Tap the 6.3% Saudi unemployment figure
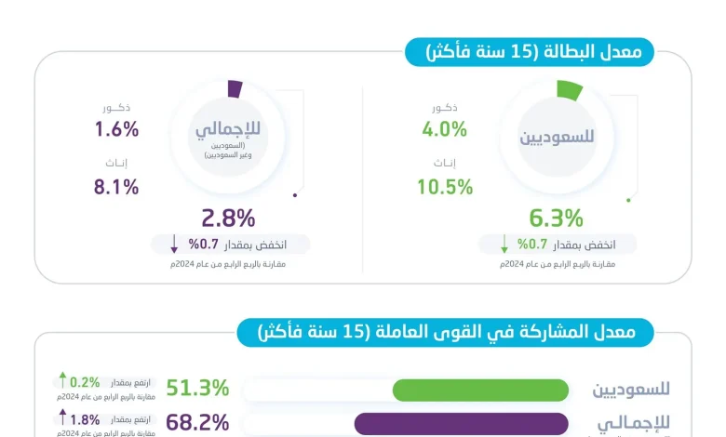click(556, 218)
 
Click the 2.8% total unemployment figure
click(228, 218)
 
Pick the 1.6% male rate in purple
click(116, 129)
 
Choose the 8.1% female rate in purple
click(116, 186)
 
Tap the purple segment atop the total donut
click(235, 89)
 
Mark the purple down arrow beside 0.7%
click(174, 245)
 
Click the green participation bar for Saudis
click(480, 390)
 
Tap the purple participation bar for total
click(462, 423)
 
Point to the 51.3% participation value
click(197, 389)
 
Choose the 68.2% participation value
click(197, 422)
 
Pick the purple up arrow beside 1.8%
click(62, 416)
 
